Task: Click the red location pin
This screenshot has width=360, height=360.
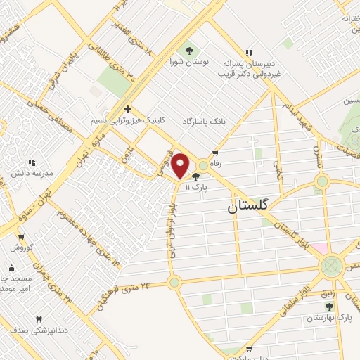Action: click(x=180, y=165)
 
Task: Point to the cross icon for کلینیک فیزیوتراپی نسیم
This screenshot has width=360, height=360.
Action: click(x=127, y=109)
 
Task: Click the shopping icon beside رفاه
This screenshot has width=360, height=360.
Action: click(x=215, y=153)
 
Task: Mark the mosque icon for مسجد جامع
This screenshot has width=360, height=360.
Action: click(x=11, y=268)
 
